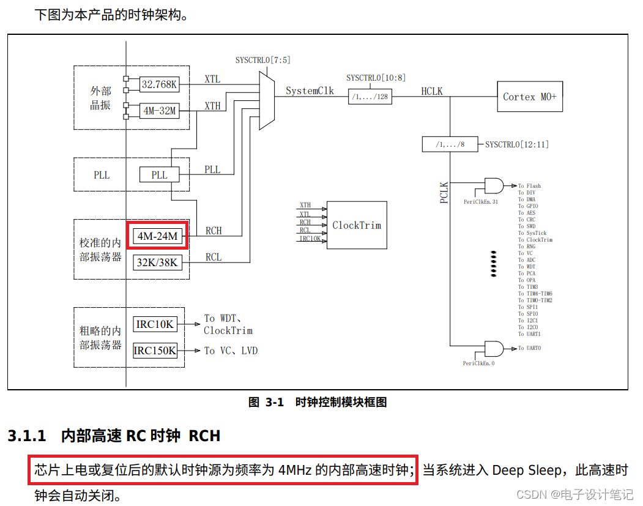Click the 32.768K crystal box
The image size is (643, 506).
click(159, 84)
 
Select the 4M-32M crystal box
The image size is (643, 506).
click(159, 111)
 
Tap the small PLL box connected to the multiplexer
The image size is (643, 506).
click(159, 174)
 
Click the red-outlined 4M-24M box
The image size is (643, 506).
click(158, 236)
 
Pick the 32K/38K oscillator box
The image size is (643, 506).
click(158, 262)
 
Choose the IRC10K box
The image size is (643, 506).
click(154, 324)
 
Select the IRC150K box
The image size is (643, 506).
click(155, 351)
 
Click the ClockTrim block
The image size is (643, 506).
click(357, 225)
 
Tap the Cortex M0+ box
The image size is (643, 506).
click(530, 97)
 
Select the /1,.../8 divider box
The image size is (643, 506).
click(450, 144)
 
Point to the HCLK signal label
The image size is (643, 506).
click(431, 91)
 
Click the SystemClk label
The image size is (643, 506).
click(310, 91)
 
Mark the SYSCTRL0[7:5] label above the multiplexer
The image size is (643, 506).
click(263, 60)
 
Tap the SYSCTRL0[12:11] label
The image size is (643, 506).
click(517, 144)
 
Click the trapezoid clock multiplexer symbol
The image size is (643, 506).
click(267, 99)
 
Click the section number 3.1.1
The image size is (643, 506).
click(27, 436)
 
